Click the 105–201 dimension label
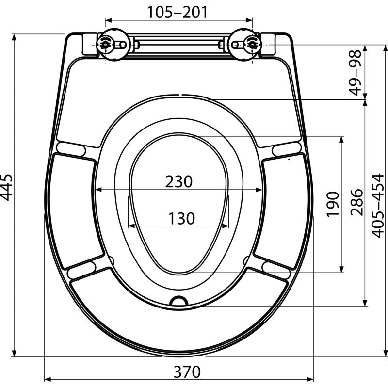178,12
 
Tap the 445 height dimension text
6,187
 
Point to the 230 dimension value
178,181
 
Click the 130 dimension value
181,219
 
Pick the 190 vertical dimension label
333,204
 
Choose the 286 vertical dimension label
356,202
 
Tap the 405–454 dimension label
378,206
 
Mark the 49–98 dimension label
355,73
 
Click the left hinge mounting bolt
105,45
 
